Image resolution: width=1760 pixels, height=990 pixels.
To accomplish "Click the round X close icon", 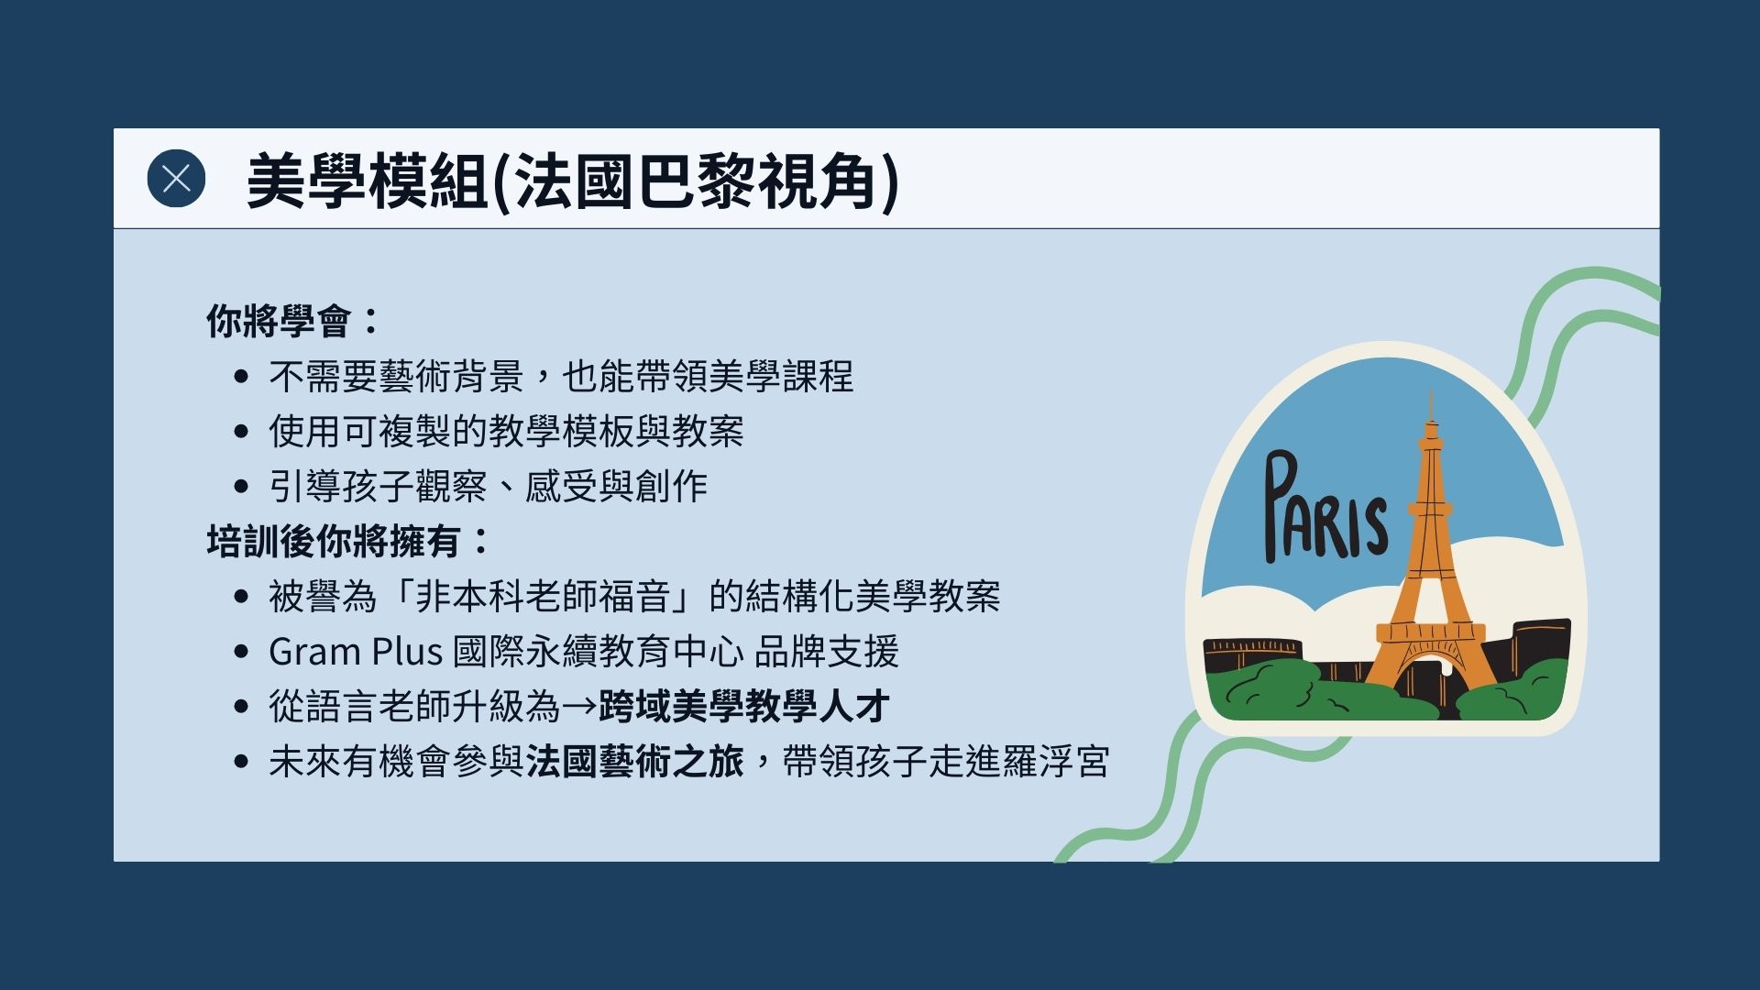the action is [176, 178].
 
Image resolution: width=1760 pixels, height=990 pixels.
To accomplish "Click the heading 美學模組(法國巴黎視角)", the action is [573, 181].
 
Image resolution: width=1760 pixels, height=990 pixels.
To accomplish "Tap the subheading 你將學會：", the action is [292, 321].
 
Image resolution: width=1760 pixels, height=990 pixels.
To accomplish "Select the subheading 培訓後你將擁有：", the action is [347, 541].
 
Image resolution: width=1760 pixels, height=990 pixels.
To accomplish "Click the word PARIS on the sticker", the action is [1325, 509].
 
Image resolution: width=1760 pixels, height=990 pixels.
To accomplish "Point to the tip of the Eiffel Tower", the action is [1430, 391].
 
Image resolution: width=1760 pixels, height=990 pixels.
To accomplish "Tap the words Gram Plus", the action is [356, 652].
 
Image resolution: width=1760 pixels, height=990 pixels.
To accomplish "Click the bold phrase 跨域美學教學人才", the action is [743, 706].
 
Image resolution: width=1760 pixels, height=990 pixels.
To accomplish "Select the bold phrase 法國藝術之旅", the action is [634, 761].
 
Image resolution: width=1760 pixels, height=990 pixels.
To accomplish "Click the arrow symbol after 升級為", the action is [578, 707].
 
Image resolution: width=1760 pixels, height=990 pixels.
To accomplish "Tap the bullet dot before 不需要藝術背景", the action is [241, 376].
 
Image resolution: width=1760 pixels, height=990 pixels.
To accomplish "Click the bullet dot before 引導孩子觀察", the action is [241, 486].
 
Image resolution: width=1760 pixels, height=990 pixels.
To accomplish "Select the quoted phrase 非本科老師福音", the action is [543, 596].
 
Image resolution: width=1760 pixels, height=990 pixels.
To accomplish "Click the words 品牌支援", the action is [826, 652].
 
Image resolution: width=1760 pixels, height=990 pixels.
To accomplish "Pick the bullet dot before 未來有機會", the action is [241, 761].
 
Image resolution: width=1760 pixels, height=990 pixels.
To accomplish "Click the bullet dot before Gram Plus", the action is [241, 652].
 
